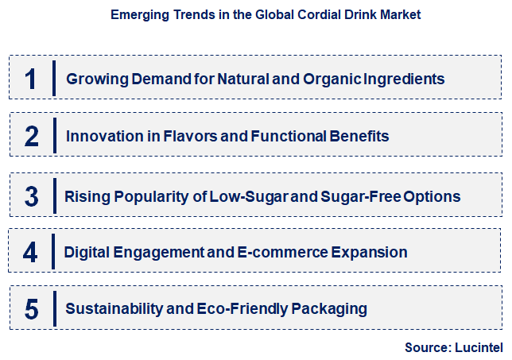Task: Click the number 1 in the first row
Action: point(31,79)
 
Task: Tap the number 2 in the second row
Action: point(31,137)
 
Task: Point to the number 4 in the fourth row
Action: point(31,253)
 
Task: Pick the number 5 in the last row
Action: point(31,308)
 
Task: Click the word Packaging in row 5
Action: point(327,308)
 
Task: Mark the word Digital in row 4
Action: point(87,253)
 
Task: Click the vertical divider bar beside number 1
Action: point(54,79)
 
